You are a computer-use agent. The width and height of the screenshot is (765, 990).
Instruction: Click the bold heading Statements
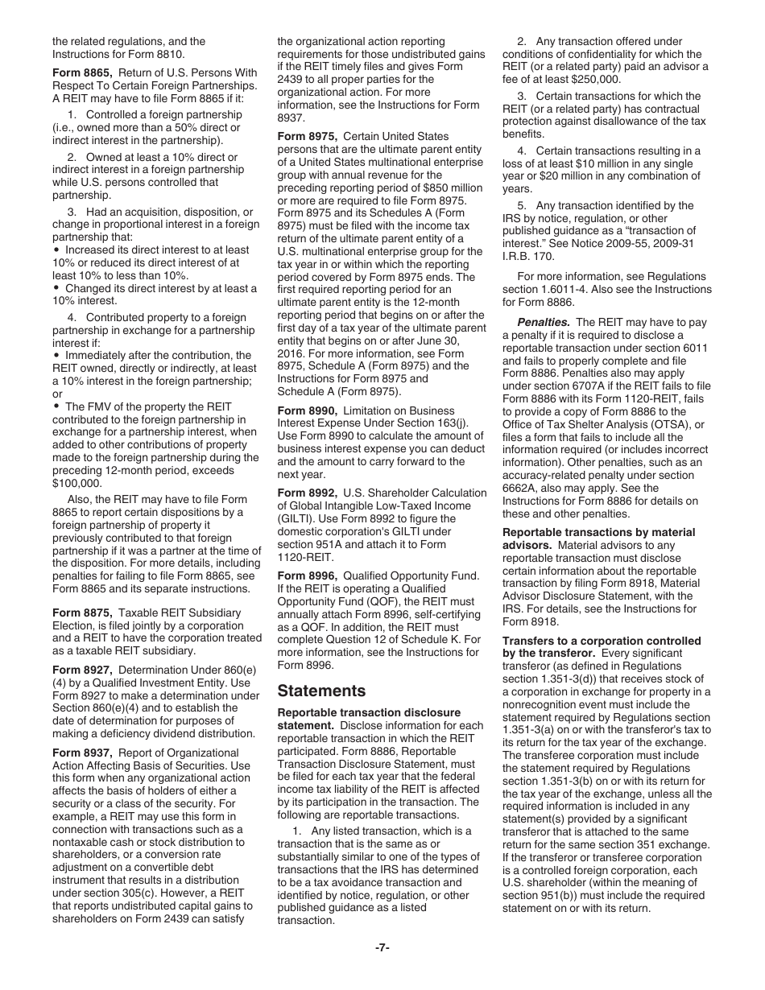(x=321, y=691)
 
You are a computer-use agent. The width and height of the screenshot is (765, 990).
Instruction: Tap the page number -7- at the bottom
(x=382, y=947)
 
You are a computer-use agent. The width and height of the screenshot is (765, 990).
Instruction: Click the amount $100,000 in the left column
(x=77, y=484)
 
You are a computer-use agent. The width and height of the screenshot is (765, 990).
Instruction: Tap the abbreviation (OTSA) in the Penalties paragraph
(x=668, y=424)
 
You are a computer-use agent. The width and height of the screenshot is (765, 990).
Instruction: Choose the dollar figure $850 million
(x=447, y=188)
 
